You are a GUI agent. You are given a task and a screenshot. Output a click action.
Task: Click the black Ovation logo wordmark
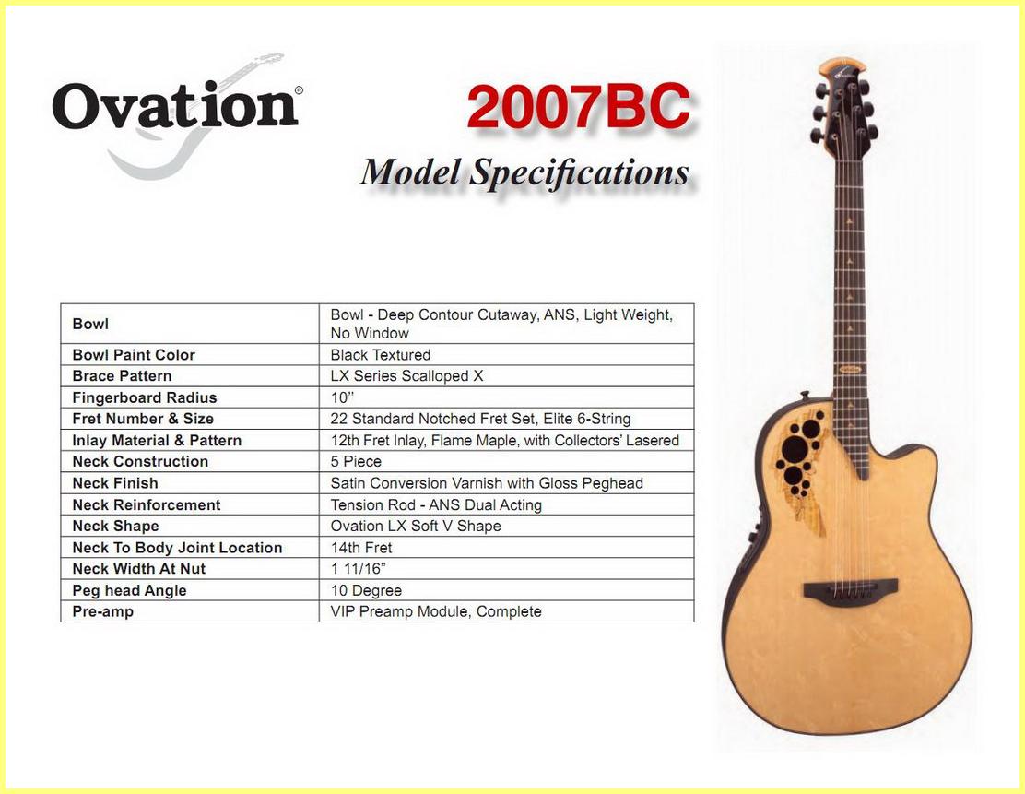click(174, 105)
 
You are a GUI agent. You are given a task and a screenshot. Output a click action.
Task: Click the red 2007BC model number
click(579, 106)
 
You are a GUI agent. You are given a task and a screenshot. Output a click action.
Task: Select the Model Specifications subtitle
click(524, 172)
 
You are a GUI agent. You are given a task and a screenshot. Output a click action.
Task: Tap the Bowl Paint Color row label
click(134, 354)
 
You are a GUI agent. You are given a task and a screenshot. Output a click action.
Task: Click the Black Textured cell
click(381, 354)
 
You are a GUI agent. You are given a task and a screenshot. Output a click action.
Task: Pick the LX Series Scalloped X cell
click(406, 376)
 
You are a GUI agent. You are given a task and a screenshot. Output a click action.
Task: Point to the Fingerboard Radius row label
click(145, 397)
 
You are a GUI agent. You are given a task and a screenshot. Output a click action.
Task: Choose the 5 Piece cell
click(356, 462)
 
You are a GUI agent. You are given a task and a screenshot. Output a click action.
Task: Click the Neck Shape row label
click(116, 526)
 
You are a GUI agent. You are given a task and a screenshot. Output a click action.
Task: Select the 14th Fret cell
click(361, 548)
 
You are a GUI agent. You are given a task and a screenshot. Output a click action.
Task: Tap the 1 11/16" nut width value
click(359, 568)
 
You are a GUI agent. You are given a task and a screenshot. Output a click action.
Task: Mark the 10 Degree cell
click(366, 590)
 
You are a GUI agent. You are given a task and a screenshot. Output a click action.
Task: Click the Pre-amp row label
click(102, 611)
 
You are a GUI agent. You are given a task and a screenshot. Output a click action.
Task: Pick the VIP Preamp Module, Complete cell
click(436, 611)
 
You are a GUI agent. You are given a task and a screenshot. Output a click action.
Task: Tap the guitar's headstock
click(843, 104)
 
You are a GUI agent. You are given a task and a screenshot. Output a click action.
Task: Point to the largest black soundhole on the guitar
click(795, 448)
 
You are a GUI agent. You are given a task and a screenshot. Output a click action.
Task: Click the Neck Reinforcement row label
click(147, 505)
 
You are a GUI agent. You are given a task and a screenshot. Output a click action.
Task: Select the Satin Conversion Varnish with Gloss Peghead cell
click(487, 483)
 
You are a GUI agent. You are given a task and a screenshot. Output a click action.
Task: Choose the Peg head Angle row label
click(129, 590)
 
